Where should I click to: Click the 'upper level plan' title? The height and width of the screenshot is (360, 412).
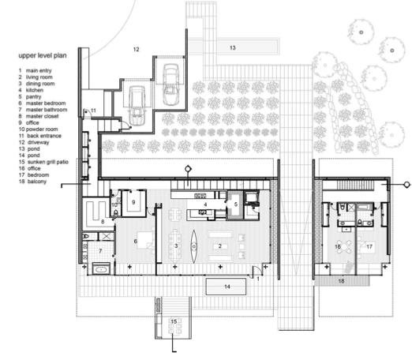[43, 55]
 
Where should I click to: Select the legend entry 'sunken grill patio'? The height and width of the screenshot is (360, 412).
[48, 162]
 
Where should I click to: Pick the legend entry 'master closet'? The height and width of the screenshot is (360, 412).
[42, 116]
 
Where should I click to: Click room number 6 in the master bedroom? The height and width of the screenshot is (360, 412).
[136, 241]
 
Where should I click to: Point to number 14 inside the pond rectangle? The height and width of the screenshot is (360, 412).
[227, 287]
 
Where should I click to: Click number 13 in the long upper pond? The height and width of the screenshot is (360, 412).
[233, 47]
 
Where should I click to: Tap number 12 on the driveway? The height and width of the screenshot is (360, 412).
[136, 49]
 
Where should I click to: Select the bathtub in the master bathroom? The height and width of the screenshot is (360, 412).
[101, 269]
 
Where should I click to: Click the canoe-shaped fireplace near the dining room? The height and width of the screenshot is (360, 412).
[194, 246]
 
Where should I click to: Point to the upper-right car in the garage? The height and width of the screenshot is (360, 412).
[170, 84]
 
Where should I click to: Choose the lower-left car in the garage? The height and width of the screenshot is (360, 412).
[137, 106]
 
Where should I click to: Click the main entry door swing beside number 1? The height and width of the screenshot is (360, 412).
[257, 271]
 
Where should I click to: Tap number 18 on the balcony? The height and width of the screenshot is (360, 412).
[341, 281]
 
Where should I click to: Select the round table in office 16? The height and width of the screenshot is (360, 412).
[344, 246]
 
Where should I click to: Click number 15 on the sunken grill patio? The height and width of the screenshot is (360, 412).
[174, 321]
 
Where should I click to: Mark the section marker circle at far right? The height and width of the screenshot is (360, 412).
[407, 185]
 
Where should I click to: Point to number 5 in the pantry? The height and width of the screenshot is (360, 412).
[236, 204]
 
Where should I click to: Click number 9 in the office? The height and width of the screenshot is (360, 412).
[133, 202]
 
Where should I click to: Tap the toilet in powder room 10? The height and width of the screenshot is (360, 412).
[115, 212]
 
